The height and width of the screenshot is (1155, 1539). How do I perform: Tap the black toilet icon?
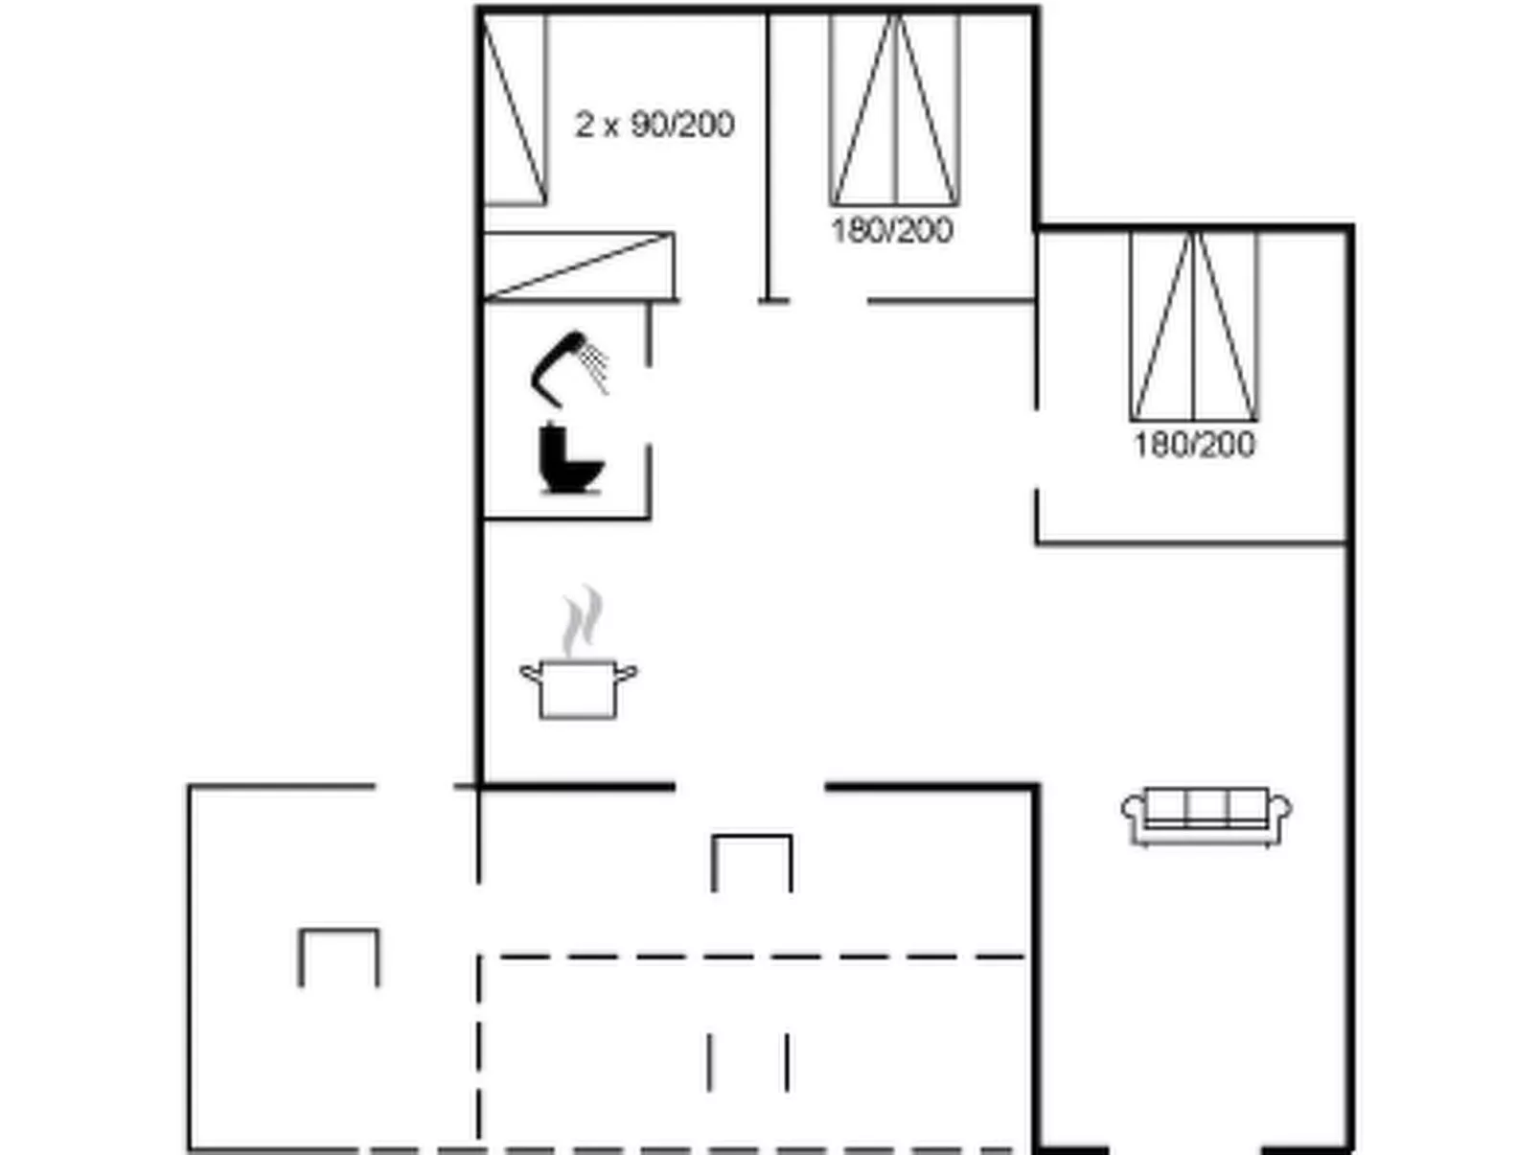tap(569, 458)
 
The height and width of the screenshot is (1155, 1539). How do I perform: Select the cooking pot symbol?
tap(579, 688)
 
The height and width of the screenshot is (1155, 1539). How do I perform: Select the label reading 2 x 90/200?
tap(655, 125)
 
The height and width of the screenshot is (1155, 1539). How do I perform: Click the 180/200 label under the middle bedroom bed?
tap(892, 230)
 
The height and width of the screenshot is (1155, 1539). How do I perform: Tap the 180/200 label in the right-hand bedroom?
tap(1194, 445)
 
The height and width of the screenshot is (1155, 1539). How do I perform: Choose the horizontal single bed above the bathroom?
tap(579, 266)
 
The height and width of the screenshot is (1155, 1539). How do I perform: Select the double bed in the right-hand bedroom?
tap(1193, 326)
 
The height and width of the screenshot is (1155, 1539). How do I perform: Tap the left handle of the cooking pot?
tap(531, 673)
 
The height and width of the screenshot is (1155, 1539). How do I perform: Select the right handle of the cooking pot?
tap(626, 673)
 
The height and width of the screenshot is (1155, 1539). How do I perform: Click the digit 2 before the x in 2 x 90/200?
tap(584, 125)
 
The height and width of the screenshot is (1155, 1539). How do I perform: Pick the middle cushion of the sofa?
tap(1206, 808)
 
